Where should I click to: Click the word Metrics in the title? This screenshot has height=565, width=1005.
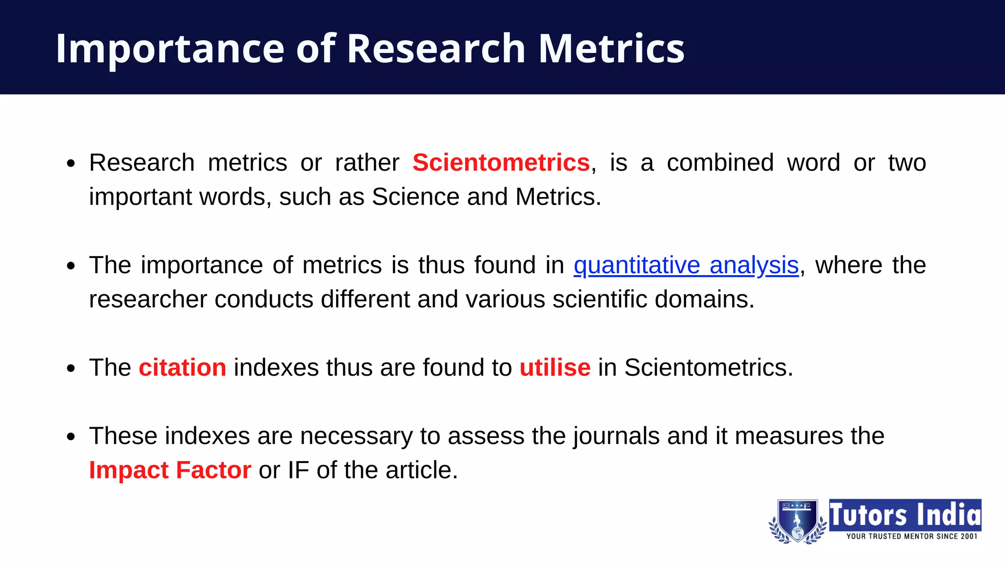click(x=611, y=49)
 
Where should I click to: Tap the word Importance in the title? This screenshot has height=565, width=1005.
click(x=170, y=49)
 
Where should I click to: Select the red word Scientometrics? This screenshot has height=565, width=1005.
click(x=501, y=162)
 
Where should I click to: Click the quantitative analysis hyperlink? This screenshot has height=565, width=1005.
click(x=686, y=265)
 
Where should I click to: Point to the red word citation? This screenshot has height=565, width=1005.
click(x=183, y=367)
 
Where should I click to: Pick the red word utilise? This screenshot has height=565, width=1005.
click(x=555, y=367)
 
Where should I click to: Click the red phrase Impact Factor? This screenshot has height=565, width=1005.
click(x=170, y=470)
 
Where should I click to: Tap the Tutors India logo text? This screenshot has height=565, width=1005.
click(x=905, y=515)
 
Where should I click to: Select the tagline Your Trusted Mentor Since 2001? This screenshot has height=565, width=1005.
click(x=911, y=537)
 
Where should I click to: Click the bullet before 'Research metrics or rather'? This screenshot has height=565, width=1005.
click(x=71, y=163)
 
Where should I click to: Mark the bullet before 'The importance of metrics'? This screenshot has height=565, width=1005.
click(x=71, y=266)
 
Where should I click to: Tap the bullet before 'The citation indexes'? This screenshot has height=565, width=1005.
click(x=71, y=368)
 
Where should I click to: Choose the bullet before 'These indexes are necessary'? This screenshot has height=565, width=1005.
click(x=71, y=437)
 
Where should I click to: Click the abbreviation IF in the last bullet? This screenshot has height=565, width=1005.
click(x=298, y=470)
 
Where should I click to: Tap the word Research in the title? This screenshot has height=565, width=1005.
click(x=436, y=49)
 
